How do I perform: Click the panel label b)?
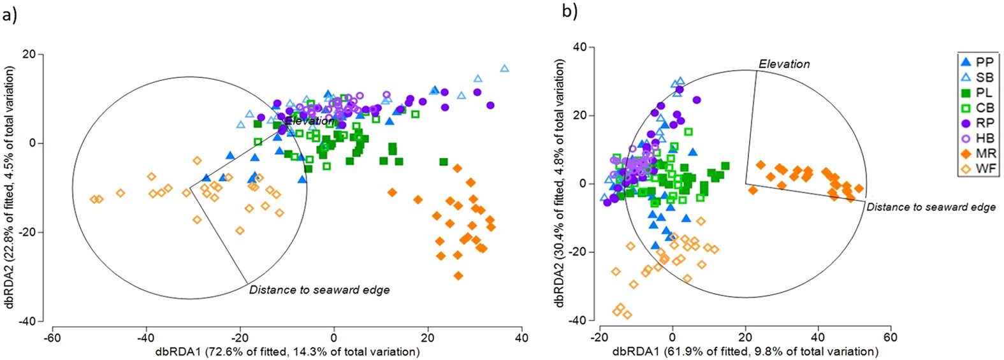click(x=569, y=11)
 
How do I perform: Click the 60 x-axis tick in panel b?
click(x=890, y=337)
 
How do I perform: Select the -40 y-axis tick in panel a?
click(x=27, y=321)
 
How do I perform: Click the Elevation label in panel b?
click(x=784, y=64)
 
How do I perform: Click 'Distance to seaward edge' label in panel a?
click(x=319, y=290)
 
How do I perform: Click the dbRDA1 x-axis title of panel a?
click(x=287, y=352)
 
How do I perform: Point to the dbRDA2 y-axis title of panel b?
click(x=560, y=184)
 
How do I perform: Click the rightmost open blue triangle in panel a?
click(x=505, y=68)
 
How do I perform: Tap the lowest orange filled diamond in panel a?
click(x=458, y=276)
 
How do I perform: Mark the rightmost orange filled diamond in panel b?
click(x=859, y=189)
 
